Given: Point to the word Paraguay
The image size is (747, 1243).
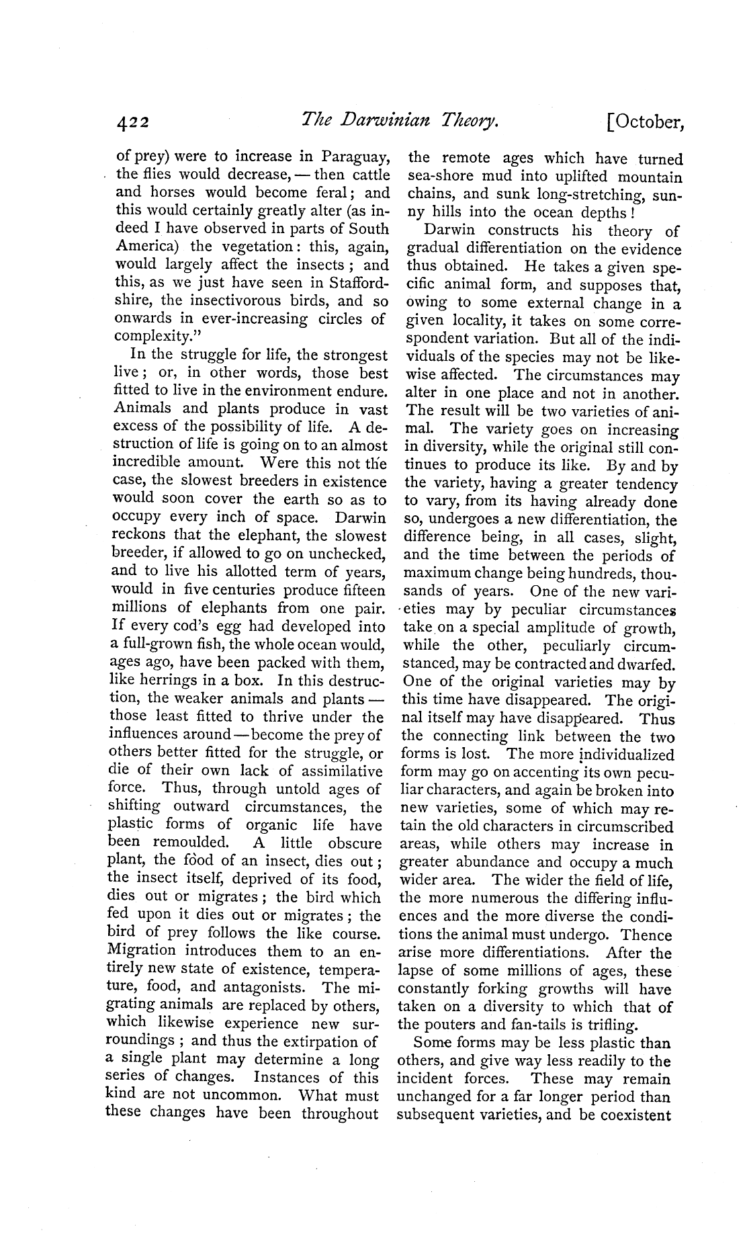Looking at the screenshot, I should (355, 157).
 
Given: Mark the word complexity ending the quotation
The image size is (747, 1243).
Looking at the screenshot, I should (147, 337).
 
